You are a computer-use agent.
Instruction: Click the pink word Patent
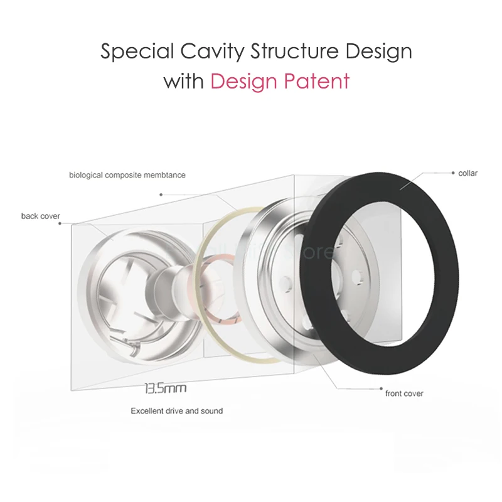(316, 82)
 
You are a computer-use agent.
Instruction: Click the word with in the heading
(183, 82)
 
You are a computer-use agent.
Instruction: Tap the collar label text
(468, 173)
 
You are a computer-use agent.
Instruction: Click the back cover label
(40, 216)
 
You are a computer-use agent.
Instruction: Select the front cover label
(404, 393)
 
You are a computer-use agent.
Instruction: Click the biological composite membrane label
(127, 175)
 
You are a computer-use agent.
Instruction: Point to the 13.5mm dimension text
(166, 388)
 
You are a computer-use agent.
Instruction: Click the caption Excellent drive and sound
(176, 411)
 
